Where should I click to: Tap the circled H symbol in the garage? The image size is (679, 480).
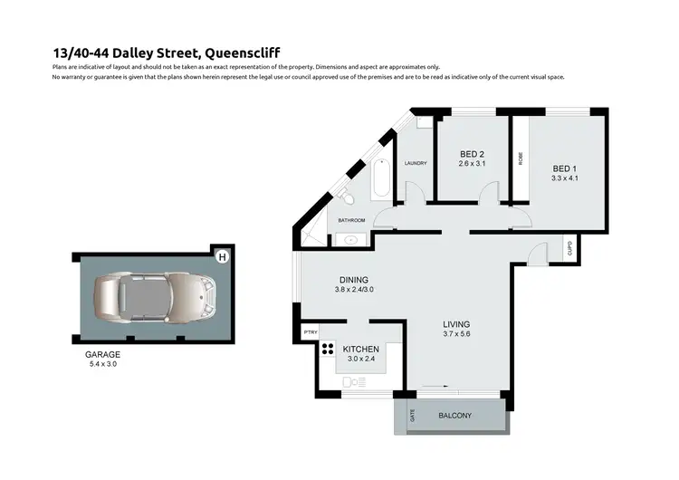click(222, 257)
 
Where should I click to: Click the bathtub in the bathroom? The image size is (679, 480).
click(380, 180)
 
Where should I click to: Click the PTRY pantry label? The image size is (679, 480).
click(310, 332)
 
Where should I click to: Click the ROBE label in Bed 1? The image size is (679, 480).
click(521, 158)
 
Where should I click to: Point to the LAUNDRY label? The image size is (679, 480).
click(416, 163)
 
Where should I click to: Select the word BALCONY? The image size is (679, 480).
click(455, 416)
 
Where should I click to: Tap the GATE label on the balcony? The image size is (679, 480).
click(414, 417)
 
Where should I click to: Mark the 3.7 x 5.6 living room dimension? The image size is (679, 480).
click(455, 334)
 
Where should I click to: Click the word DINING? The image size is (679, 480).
click(352, 280)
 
